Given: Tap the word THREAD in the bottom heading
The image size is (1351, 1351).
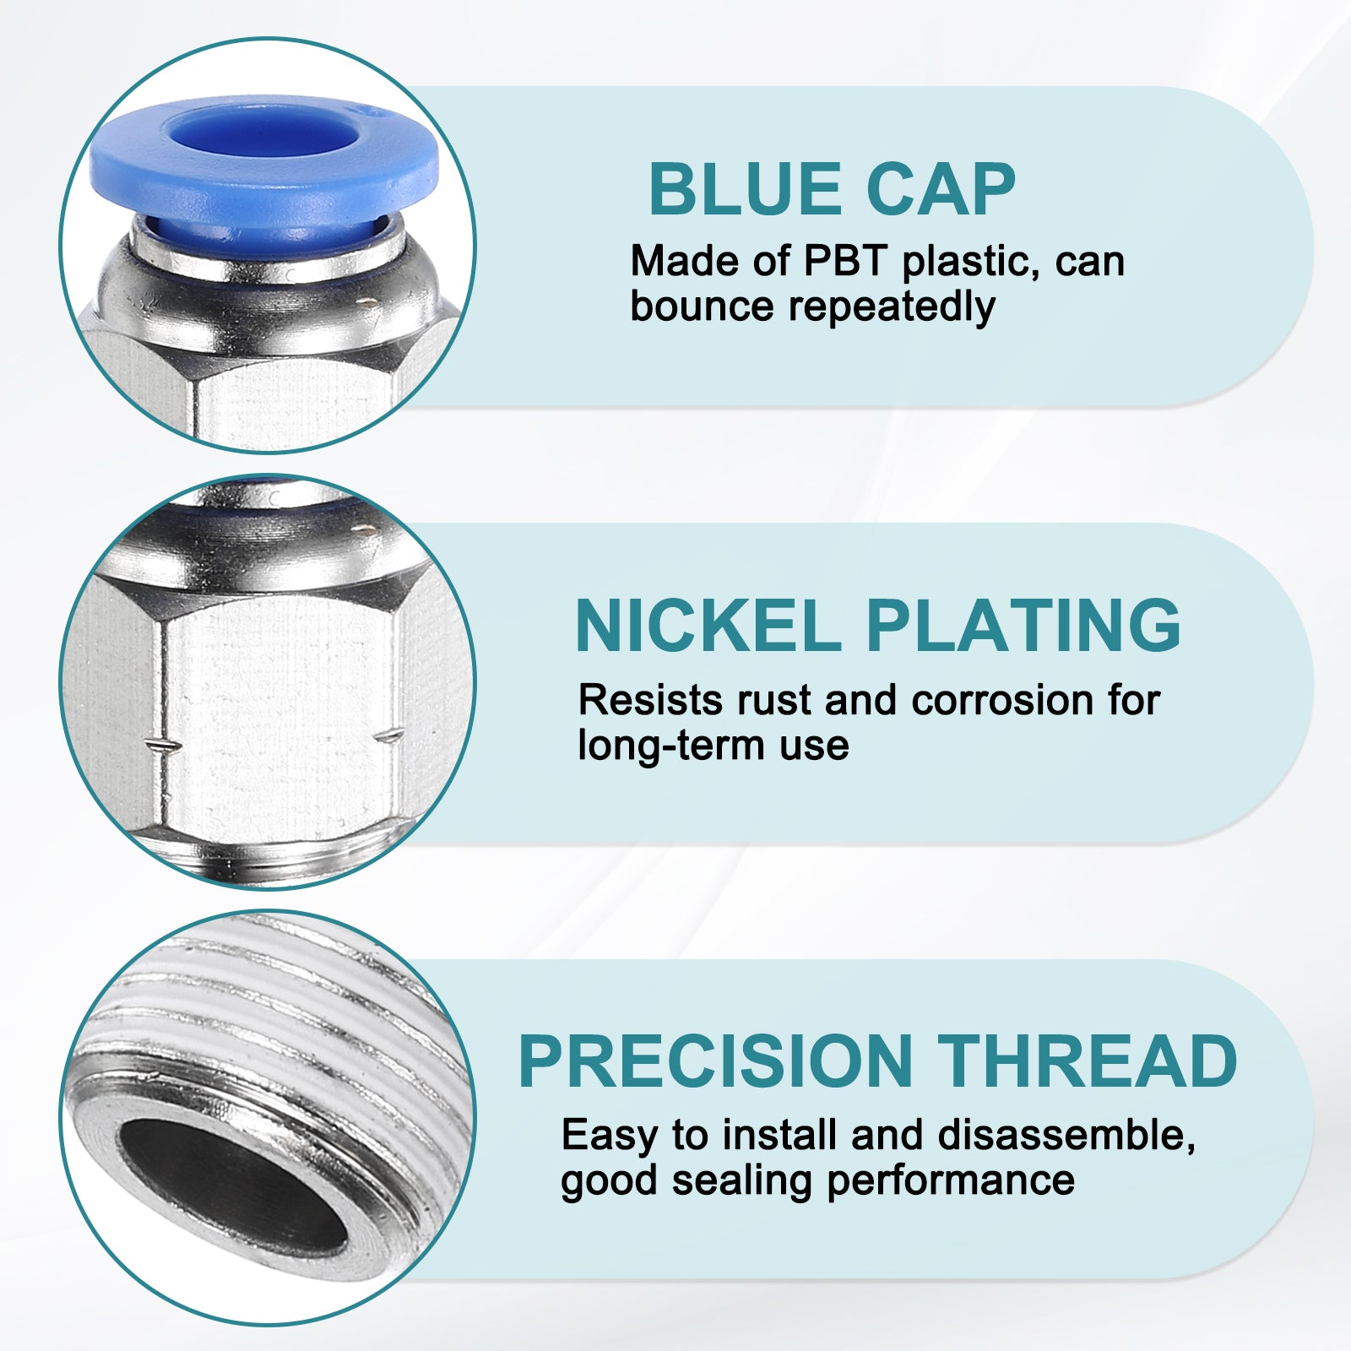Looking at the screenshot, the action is tap(1088, 1061).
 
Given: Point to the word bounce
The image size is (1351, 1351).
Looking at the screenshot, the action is tap(702, 306).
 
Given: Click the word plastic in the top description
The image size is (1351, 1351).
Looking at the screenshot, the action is tap(959, 263).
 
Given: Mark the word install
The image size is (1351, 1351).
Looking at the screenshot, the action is tap(779, 1136).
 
